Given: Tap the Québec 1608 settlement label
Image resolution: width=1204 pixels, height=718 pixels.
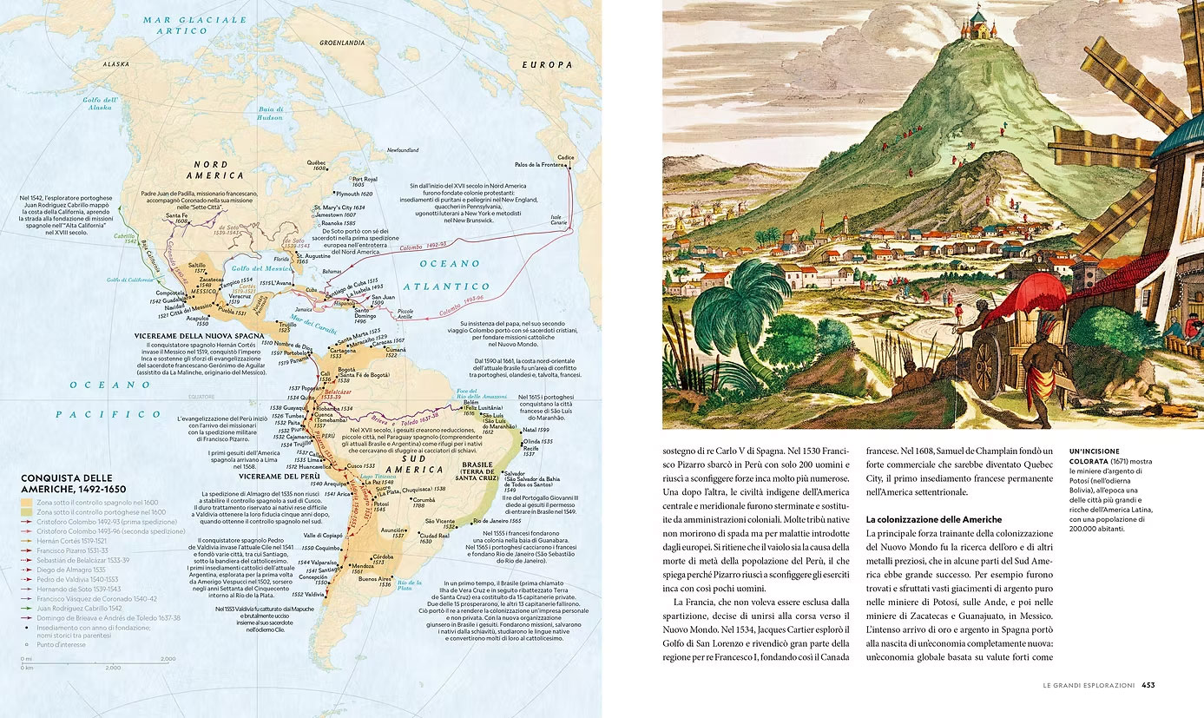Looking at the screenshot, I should [x=316, y=165].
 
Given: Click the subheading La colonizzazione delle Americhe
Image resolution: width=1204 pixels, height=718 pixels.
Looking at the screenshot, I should [x=933, y=519].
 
